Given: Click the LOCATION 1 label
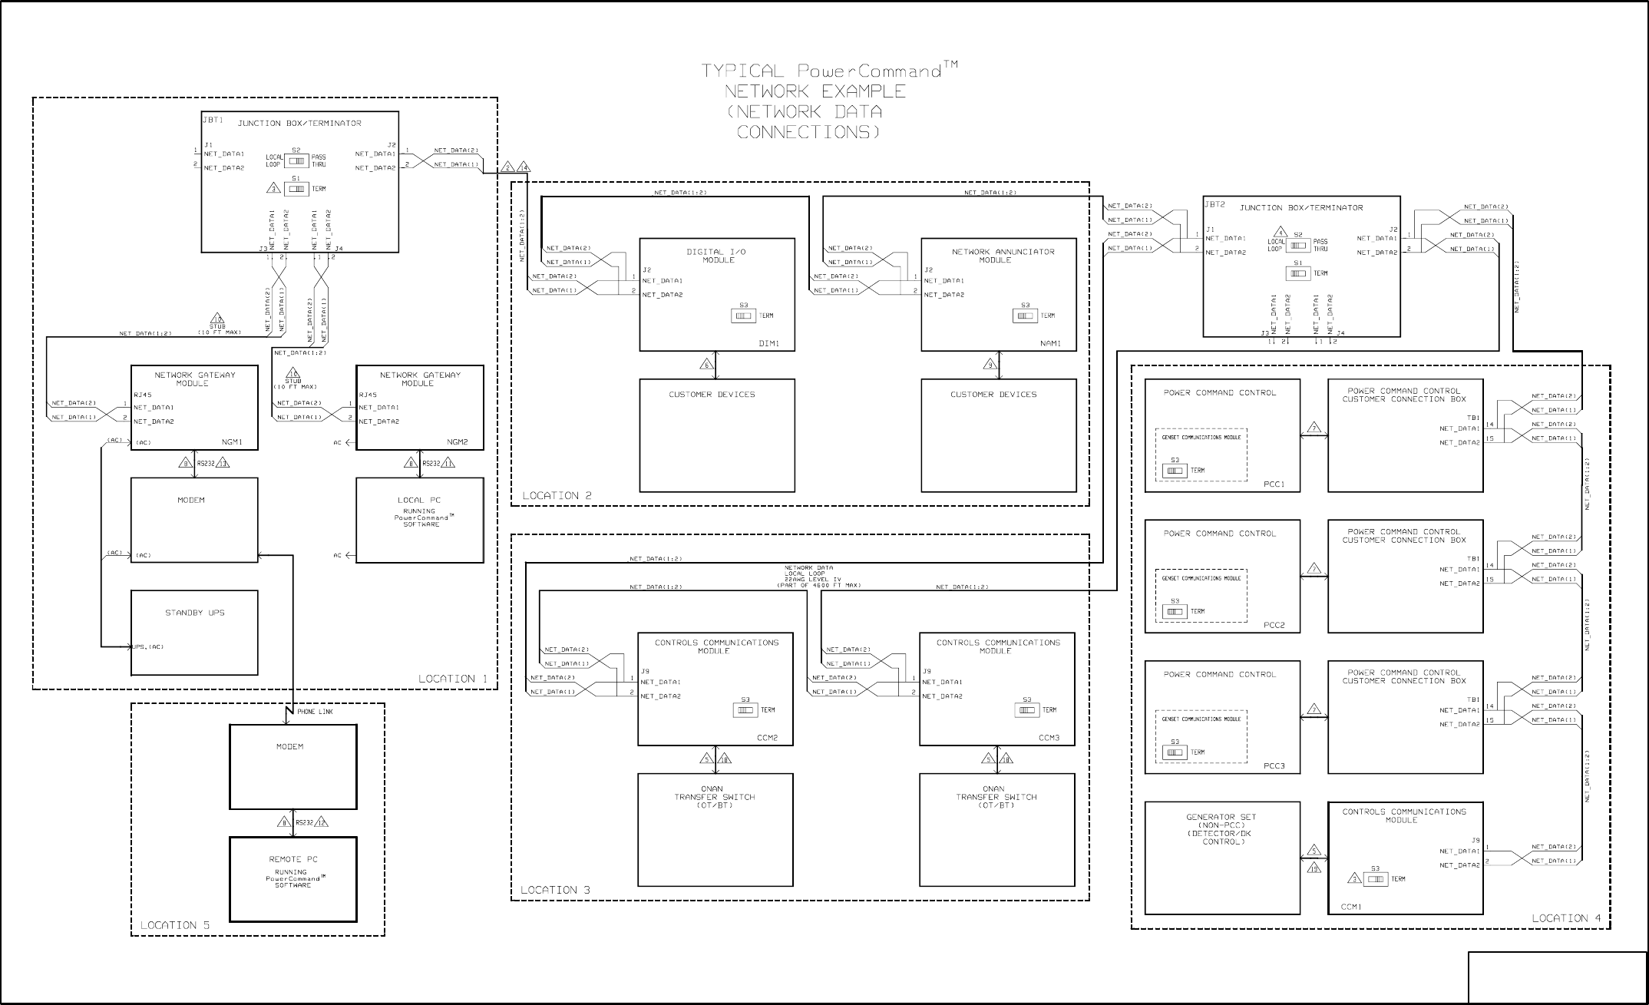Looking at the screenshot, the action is click(x=452, y=679).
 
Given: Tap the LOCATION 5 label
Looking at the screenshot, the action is click(x=174, y=925).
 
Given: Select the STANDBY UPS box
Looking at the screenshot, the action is click(x=194, y=633).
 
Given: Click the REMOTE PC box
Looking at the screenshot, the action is click(x=292, y=879).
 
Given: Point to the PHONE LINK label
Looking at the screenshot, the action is click(x=315, y=712).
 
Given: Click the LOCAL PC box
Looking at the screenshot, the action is click(x=419, y=520).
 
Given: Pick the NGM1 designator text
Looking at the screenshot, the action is click(x=232, y=442).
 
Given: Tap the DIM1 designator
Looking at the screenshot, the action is click(x=768, y=344).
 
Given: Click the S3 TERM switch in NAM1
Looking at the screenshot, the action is click(x=1025, y=316).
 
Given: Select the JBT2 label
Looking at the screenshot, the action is click(x=1214, y=205).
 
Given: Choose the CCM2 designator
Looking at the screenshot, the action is click(x=767, y=738).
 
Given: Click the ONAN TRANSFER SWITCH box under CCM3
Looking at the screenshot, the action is click(x=996, y=829).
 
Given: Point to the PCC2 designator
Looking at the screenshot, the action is click(x=1274, y=626).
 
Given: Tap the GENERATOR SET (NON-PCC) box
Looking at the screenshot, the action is click(x=1222, y=858).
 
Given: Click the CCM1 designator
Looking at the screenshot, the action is click(x=1351, y=907).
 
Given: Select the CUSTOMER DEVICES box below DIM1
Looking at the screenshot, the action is click(x=716, y=435).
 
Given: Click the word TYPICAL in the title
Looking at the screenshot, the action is click(x=742, y=71).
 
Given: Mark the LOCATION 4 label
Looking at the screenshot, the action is click(x=1566, y=918).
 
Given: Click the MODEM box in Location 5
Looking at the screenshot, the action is click(x=292, y=767).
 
